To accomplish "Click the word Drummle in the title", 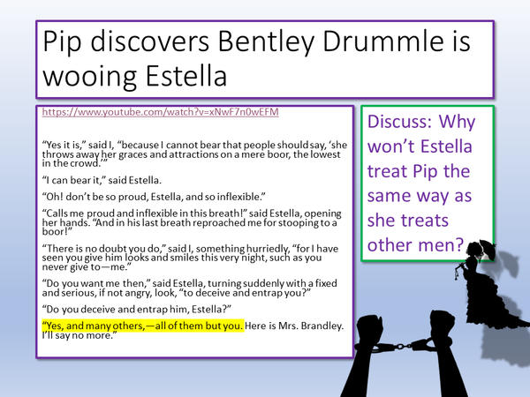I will click(x=371, y=41).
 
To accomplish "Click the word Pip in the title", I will click(x=59, y=41).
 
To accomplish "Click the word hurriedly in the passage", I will click(x=233, y=251).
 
